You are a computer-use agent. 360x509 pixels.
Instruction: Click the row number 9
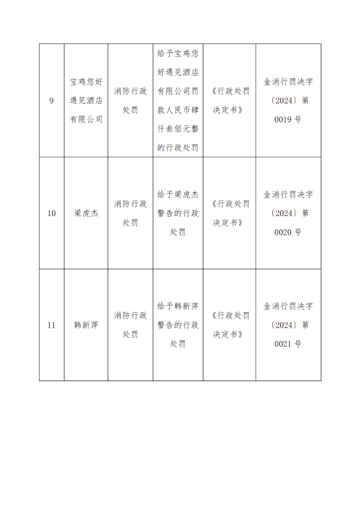coord(52,101)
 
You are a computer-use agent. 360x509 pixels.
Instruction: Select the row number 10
coord(52,213)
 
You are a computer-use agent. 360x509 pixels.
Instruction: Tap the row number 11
coord(52,325)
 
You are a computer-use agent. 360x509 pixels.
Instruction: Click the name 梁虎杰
coord(86,213)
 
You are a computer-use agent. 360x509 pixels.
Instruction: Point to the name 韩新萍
coord(86,325)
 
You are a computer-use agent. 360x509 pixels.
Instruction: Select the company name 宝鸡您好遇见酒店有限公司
coord(86,100)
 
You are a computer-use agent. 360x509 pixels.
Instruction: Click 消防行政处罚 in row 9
coord(130,100)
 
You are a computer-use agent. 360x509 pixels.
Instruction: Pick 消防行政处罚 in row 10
coord(130,213)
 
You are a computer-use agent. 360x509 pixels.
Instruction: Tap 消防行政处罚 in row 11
coord(130,325)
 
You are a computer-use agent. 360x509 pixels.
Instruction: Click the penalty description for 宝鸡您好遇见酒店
coord(178,100)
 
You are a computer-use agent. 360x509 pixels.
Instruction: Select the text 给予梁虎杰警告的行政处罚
coord(178,213)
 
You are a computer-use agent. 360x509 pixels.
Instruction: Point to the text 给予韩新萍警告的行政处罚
coord(178,325)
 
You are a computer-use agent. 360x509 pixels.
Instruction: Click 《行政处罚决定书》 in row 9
coord(229,100)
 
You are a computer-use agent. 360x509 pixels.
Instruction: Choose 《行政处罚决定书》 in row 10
coord(229,213)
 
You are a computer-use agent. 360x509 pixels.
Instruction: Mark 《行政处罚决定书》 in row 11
coord(229,325)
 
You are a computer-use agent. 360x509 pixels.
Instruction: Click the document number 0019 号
coord(288,119)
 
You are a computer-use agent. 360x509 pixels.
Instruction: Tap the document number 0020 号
coord(288,232)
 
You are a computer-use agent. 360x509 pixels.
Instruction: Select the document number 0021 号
coord(288,344)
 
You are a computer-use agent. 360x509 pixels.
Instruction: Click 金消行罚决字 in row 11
coord(288,306)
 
